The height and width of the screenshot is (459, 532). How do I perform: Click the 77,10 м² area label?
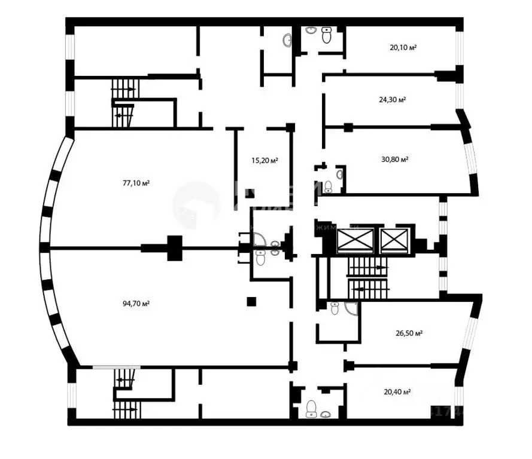click(x=136, y=183)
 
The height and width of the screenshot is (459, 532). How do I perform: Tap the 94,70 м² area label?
click(x=136, y=304)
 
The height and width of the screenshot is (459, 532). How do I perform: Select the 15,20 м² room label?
click(x=265, y=160)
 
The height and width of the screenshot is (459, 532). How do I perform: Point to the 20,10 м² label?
click(x=403, y=48)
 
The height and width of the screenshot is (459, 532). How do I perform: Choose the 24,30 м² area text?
click(x=393, y=100)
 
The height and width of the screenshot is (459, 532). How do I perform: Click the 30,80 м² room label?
click(x=394, y=160)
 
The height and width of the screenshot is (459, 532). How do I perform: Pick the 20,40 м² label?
click(x=397, y=392)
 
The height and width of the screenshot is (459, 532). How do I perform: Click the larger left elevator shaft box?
click(x=355, y=240)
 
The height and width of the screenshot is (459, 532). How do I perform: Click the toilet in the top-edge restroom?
click(x=326, y=36)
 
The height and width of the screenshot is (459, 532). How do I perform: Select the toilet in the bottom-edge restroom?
click(x=311, y=408)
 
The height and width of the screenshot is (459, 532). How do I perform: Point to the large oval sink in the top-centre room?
click(x=287, y=39)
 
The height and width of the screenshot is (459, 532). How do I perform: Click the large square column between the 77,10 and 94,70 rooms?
click(x=174, y=248)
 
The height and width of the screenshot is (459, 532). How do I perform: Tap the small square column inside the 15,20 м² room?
click(x=250, y=193)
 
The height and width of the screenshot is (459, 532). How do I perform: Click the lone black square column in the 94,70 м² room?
click(x=252, y=302)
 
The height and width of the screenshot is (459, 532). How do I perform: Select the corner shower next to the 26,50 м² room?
click(x=351, y=308)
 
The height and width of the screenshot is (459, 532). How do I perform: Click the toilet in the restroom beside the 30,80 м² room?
click(x=328, y=187)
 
